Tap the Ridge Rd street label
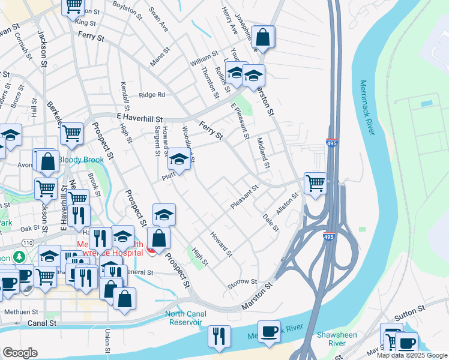click(x=152, y=95)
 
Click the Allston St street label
click(x=286, y=203)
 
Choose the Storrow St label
click(x=243, y=281)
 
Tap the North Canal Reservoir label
click(x=185, y=318)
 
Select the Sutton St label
click(x=409, y=310)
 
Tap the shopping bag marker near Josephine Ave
click(x=263, y=37)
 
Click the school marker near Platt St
click(x=178, y=159)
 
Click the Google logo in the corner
click(x=20, y=353)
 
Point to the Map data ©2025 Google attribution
click(x=412, y=355)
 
